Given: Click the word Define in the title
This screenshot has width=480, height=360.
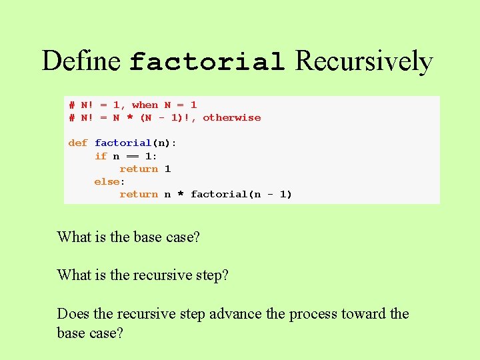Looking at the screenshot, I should click(x=81, y=61).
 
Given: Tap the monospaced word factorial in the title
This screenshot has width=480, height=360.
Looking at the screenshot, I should click(x=207, y=63).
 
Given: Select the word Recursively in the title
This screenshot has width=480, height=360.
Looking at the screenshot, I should click(x=364, y=61).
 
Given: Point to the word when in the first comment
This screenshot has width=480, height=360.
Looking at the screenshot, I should click(x=145, y=105).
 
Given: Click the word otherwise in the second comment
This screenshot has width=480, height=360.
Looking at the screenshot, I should click(x=231, y=117).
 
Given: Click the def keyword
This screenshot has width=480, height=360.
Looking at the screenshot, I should click(x=77, y=143).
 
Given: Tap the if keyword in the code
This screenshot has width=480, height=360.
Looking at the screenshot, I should click(x=101, y=156).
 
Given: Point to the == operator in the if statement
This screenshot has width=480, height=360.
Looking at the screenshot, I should click(x=132, y=156).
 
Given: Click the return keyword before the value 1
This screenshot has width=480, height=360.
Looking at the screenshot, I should click(x=139, y=169).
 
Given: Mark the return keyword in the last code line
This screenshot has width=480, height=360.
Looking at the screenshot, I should click(x=139, y=194).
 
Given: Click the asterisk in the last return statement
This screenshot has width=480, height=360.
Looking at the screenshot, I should click(x=180, y=195).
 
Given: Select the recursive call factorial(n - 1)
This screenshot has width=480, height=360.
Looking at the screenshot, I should click(x=241, y=194).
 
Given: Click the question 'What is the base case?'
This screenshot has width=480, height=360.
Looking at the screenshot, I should click(x=128, y=237).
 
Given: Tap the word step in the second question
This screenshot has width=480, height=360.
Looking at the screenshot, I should click(x=213, y=275).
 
